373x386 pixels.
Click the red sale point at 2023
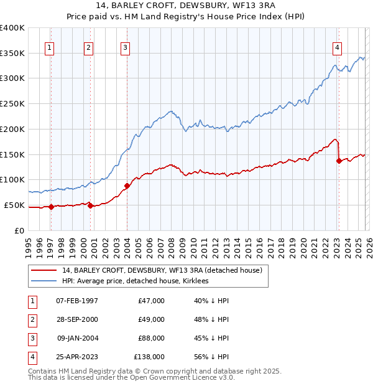pos(339,161)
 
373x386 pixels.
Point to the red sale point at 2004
pos(127,186)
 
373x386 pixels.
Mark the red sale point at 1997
pos(51,207)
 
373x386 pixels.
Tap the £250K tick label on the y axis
pos(12,103)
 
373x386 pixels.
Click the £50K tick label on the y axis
pos(14,205)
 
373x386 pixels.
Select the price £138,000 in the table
pos(149,357)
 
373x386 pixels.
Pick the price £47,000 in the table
pos(151,301)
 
